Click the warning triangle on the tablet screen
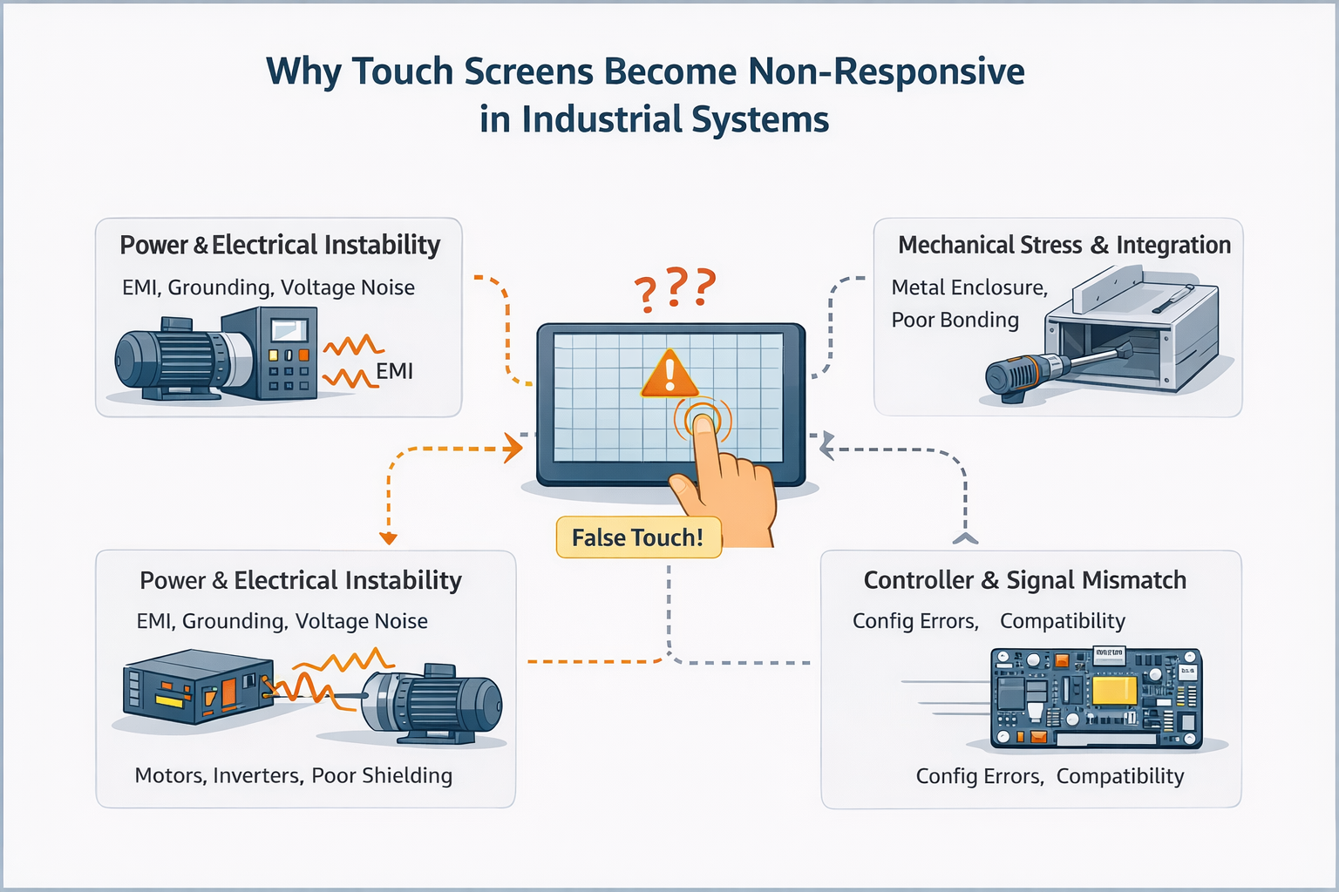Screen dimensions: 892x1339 point(669,375)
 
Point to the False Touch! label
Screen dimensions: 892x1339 point(638,537)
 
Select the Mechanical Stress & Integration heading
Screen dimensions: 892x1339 point(1064,246)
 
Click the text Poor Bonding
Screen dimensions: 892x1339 point(955,320)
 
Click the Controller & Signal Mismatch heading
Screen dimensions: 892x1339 point(1024,580)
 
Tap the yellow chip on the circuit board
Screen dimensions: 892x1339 point(1114,690)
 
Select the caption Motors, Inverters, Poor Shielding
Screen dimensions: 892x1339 point(293,775)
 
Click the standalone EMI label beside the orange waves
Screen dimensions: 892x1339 point(394,371)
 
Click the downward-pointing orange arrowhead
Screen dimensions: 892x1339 point(389,538)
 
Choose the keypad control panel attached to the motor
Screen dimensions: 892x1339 point(285,353)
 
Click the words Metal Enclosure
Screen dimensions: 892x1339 point(968,287)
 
